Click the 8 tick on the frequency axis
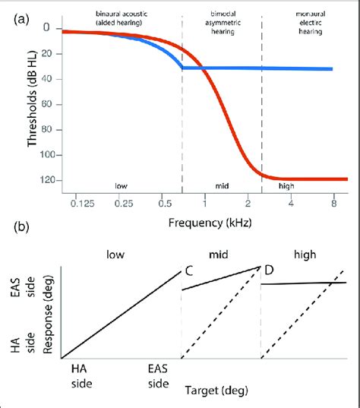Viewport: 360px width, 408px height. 333,204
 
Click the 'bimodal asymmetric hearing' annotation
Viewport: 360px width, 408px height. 222,22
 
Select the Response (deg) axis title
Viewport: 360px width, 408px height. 49,312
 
